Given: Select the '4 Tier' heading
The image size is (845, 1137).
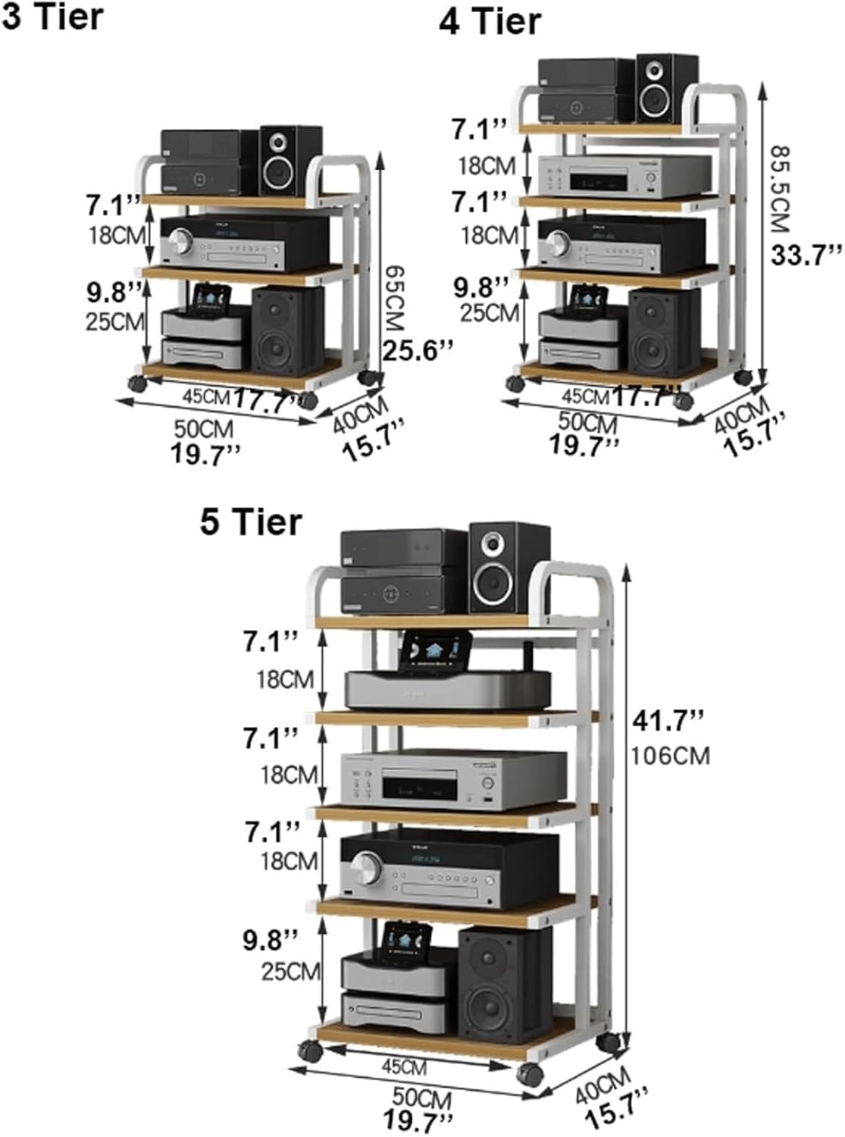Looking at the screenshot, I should coord(490,21).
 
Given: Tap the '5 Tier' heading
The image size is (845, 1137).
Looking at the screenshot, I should coord(251,522).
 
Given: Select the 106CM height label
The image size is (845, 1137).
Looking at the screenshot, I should coord(671,755).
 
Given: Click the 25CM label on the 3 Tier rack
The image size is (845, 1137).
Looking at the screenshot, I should coord(114,321).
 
